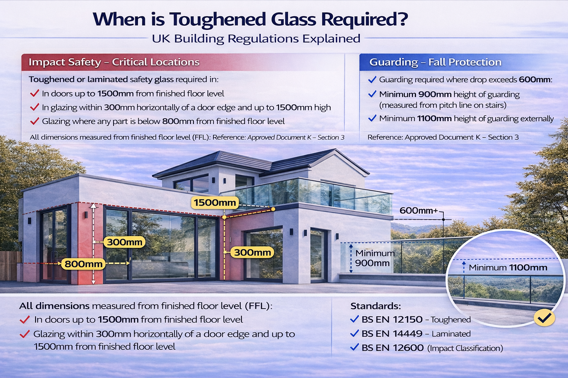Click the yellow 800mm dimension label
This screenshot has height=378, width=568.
click(84, 264)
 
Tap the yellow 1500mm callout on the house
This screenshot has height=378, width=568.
click(214, 202)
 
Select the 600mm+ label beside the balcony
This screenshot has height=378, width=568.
click(419, 211)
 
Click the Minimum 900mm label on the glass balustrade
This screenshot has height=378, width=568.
click(374, 258)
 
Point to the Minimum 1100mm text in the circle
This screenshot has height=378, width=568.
click(508, 268)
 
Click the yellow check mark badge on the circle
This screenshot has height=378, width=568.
click(544, 317)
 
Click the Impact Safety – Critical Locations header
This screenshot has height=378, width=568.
click(114, 62)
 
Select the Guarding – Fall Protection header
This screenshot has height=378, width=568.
click(435, 62)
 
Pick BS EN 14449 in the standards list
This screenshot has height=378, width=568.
click(392, 334)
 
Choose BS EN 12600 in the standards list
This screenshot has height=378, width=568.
click(392, 348)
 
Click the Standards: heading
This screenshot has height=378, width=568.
click(375, 306)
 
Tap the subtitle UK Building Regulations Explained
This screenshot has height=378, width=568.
click(256, 39)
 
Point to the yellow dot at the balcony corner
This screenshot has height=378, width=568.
click(273, 209)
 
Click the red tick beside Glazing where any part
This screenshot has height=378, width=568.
click(34, 121)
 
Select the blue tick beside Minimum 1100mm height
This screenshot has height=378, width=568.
click(372, 118)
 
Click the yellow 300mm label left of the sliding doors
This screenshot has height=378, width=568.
click(125, 242)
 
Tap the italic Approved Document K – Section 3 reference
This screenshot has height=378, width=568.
click(296, 137)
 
